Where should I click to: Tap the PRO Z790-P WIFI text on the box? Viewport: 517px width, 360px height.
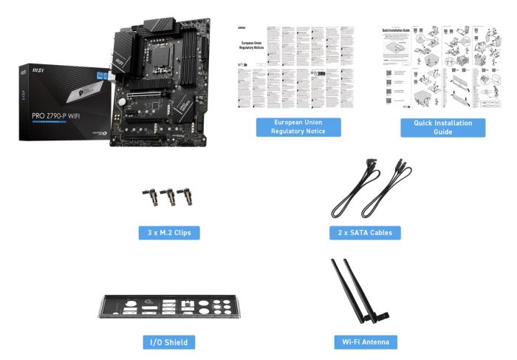55,115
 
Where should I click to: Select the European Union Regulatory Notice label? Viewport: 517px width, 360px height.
299,126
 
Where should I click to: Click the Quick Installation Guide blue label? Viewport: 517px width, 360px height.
443,126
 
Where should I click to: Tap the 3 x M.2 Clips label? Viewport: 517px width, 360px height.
168,233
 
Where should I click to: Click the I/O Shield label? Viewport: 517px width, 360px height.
169,342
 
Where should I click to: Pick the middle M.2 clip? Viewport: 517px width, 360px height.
169,197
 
